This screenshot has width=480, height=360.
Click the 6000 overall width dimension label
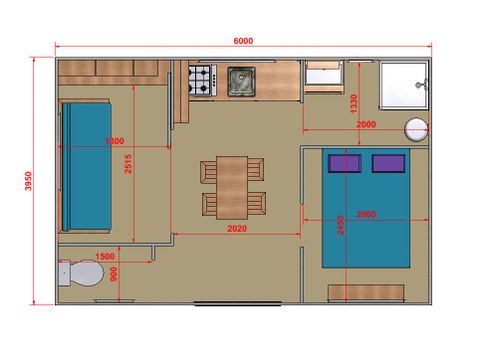(x=243, y=41)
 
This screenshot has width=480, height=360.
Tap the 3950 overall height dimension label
(x=28, y=181)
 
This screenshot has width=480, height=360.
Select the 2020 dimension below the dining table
(x=237, y=229)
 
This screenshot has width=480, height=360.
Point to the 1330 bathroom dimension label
(x=354, y=104)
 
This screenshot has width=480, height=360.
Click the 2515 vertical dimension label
(x=128, y=164)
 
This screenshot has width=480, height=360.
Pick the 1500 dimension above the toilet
(x=105, y=256)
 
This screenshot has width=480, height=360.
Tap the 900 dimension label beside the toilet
(x=114, y=274)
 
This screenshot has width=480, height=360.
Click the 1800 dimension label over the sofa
(x=114, y=141)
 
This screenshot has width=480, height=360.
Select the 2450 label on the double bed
(x=340, y=226)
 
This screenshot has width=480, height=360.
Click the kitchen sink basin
(x=242, y=82)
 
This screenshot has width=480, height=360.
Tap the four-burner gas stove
(x=202, y=80)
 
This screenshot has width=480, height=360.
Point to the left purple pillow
(x=345, y=163)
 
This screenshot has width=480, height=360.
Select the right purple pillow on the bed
(x=389, y=163)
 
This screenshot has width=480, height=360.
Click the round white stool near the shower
(x=416, y=129)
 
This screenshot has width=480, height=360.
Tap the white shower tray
(x=404, y=85)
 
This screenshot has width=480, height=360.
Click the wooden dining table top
(x=232, y=188)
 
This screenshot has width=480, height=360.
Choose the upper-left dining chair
(x=208, y=172)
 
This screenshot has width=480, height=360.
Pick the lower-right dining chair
(x=257, y=204)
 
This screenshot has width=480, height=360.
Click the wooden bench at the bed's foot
(x=366, y=293)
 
